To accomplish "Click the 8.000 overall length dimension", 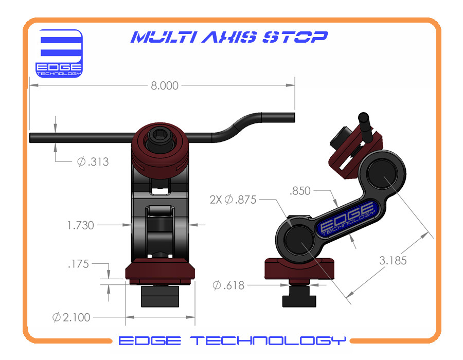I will coord(165,86).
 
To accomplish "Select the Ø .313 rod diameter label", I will coord(93,162).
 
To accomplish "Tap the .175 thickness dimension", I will coord(78,264).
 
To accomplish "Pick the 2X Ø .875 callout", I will coord(233,199).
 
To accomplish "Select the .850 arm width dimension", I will coord(301,191).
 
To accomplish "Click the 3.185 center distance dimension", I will coord(393,260).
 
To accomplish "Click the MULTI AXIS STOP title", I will coord(229,38).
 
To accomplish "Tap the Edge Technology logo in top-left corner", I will coord(59,53).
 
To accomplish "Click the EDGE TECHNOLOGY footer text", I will coord(232,340).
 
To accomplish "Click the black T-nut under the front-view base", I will coord(160,295).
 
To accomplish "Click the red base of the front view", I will coord(160,270).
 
